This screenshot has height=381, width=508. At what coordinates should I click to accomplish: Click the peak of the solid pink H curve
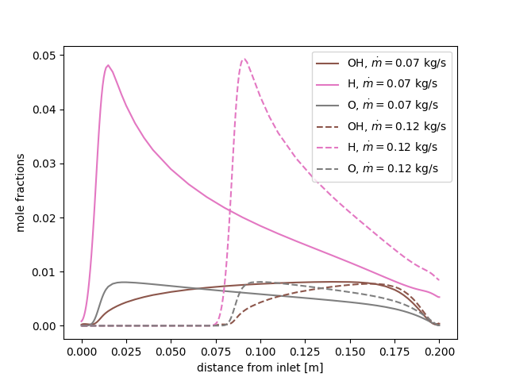click(x=108, y=65)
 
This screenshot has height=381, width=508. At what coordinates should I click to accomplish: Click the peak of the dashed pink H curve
click(x=244, y=59)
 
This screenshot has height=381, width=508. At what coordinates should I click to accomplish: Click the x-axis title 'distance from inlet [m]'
click(x=260, y=368)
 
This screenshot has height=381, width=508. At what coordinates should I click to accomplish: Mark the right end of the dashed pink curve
click(x=439, y=279)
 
